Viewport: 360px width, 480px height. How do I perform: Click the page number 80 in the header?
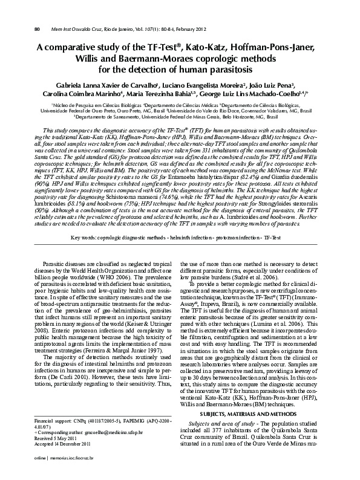tap(37, 28)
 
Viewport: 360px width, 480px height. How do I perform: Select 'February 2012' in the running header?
tap(193, 28)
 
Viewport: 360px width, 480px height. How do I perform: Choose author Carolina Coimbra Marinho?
tap(84, 94)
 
